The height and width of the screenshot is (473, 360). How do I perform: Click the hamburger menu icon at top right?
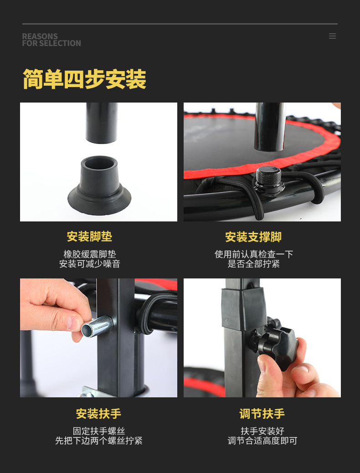(x=332, y=36)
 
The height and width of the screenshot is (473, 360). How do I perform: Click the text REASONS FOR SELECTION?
(x=51, y=40)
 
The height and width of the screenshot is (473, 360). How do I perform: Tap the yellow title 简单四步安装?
(x=84, y=79)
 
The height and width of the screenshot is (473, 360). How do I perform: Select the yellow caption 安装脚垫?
(x=90, y=236)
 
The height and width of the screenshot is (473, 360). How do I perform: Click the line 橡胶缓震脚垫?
(x=90, y=254)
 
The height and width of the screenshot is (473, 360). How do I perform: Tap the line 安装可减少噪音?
(x=90, y=264)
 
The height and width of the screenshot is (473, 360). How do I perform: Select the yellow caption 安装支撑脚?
(x=253, y=237)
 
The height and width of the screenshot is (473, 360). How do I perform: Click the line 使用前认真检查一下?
(x=254, y=254)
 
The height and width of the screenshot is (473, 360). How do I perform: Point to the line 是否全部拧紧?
(x=254, y=264)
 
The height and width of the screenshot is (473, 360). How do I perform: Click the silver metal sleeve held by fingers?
(x=97, y=326)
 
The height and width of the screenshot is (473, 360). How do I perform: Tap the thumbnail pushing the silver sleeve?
(x=74, y=324)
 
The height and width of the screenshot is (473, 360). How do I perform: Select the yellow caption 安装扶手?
(x=99, y=414)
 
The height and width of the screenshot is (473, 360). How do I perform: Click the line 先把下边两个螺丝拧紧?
(x=99, y=441)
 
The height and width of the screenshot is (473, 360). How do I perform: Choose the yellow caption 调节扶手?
(x=262, y=414)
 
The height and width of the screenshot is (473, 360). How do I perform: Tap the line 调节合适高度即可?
(x=262, y=441)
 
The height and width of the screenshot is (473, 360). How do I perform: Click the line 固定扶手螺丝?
(x=99, y=431)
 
